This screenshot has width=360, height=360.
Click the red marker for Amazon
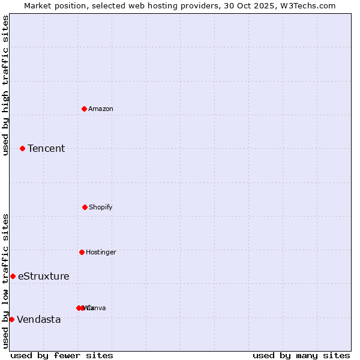coord(84,109)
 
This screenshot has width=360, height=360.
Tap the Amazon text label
coord(101,109)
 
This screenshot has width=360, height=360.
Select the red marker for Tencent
coord(22,148)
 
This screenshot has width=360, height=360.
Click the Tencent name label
coord(46,148)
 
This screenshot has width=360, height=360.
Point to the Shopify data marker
coord(85,207)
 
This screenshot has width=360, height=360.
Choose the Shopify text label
coord(101,207)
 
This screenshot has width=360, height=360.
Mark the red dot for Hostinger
coord(82,252)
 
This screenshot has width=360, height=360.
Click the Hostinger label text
coord(101,252)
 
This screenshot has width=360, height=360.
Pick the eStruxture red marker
coord(13,276)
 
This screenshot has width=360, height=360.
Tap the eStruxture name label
coord(44,276)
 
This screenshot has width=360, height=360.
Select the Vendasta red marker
coord(11,319)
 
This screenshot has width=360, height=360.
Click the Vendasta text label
coord(39,319)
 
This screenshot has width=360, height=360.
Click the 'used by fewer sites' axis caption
coord(62,355)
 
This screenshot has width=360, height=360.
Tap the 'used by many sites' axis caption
coord(301,355)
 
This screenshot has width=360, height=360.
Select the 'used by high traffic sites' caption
coord(5,85)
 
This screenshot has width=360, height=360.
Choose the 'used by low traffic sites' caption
coord(5,281)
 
